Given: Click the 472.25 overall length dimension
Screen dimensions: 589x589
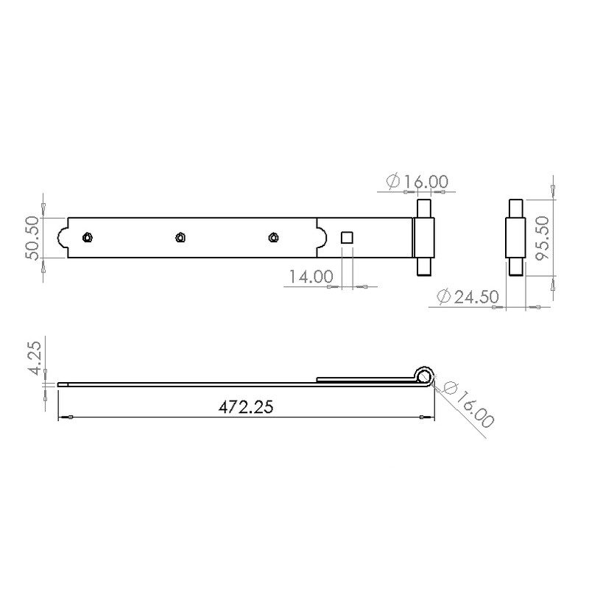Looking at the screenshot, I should (x=247, y=407).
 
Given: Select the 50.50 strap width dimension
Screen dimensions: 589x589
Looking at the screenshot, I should (x=33, y=237).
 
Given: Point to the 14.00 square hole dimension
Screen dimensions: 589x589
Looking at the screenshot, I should (x=310, y=277).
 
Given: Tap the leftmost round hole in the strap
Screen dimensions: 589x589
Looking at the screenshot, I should (x=88, y=237).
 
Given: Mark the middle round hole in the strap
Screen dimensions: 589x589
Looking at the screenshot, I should (x=180, y=237).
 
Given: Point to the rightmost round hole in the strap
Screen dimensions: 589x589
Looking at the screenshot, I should (x=273, y=237).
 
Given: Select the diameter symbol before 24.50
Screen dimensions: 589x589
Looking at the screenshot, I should (x=444, y=296).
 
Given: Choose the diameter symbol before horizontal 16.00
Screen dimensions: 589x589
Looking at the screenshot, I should (x=392, y=180).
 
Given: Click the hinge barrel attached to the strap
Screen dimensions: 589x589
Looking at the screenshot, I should (x=424, y=237).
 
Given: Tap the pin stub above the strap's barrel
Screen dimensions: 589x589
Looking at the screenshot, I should (x=424, y=208).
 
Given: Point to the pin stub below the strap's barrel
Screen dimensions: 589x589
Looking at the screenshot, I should (x=424, y=265).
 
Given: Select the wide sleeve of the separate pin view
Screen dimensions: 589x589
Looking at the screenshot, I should (x=515, y=237).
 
